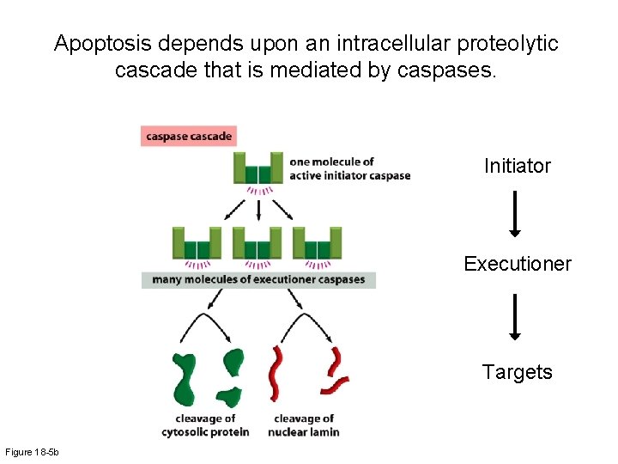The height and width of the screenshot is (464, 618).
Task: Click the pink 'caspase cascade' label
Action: [x=187, y=136]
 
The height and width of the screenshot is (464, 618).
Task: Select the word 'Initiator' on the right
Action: [x=517, y=166]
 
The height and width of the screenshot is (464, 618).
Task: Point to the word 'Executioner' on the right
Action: [x=517, y=264]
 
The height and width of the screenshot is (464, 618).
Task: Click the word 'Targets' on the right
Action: [x=517, y=372]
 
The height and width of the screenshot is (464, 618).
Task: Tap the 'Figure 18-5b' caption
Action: [x=30, y=452]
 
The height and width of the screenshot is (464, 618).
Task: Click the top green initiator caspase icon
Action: [x=257, y=168]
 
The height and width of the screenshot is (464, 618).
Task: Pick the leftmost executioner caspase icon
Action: [x=197, y=243]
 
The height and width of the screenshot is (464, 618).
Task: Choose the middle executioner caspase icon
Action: [x=257, y=243]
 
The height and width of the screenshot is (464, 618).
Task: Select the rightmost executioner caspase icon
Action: [x=317, y=243]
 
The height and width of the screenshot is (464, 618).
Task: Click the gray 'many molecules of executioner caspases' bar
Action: [x=258, y=279]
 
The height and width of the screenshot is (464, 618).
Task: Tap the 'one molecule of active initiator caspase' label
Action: [x=349, y=168]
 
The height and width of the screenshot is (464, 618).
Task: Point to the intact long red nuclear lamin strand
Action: [x=277, y=373]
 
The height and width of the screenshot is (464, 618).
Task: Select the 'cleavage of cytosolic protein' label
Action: [x=205, y=425]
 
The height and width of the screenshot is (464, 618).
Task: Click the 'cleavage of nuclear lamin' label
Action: [x=303, y=425]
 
